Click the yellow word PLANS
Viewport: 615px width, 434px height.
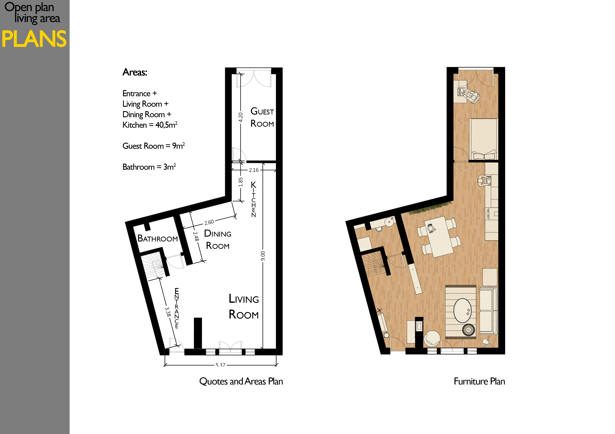34,39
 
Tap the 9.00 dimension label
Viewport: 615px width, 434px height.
263,256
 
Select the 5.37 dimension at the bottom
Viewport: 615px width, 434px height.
220,365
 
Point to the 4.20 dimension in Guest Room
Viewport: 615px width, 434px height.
241,117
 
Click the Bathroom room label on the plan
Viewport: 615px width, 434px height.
157,238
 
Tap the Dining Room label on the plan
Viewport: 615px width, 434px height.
218,239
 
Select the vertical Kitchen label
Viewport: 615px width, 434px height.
253,199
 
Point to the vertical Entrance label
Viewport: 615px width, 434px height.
177,308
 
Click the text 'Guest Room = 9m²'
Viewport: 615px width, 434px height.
153,146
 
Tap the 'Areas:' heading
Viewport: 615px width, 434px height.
135,72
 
